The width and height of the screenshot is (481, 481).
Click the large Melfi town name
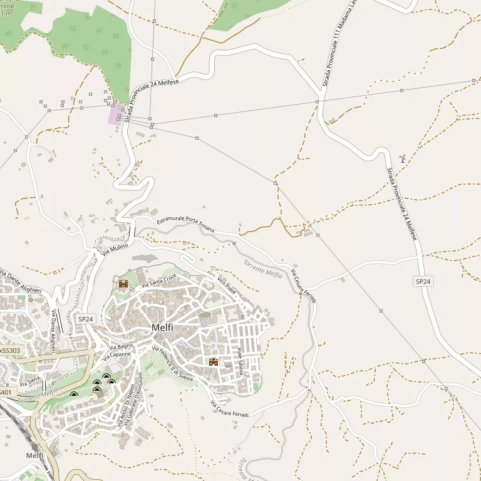coord(162,328)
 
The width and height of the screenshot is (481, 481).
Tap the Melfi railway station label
coord(35,455)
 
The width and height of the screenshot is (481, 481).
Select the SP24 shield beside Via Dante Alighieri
coord(86,319)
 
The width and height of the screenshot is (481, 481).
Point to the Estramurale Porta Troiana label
coord(185,225)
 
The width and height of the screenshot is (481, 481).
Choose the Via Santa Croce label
coord(159,281)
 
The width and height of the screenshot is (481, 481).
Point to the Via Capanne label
coord(116,354)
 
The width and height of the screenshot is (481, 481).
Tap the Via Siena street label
coord(29,379)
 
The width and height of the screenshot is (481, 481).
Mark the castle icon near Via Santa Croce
coord(123,284)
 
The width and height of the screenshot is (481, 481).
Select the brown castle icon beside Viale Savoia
coord(214,361)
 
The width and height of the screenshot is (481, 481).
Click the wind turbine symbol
coord(402,158)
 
